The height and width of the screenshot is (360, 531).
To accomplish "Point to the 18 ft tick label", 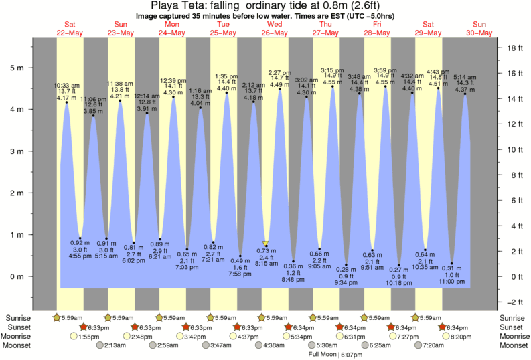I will [514, 48].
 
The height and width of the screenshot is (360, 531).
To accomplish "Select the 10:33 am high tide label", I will [66, 85].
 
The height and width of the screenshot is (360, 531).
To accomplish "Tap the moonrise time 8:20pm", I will [461, 337].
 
